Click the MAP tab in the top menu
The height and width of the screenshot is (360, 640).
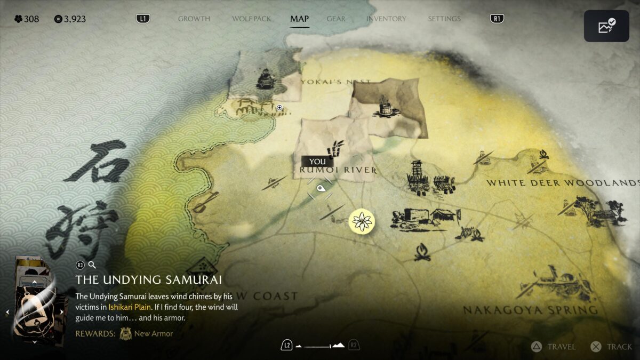click(299, 19)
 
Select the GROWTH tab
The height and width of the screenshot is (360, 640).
click(194, 19)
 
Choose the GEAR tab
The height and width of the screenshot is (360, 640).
click(336, 19)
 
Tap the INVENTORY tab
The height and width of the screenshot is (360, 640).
click(386, 19)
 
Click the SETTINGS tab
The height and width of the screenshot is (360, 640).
click(444, 19)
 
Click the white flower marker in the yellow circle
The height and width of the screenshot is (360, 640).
click(362, 221)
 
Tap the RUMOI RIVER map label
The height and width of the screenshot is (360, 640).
click(338, 170)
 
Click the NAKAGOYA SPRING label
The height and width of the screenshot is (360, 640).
click(530, 310)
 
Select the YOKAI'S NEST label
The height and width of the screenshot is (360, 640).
click(335, 82)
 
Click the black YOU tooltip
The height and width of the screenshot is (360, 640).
click(317, 162)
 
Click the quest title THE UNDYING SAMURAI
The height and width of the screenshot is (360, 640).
click(148, 280)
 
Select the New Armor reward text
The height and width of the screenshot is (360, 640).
click(154, 334)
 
